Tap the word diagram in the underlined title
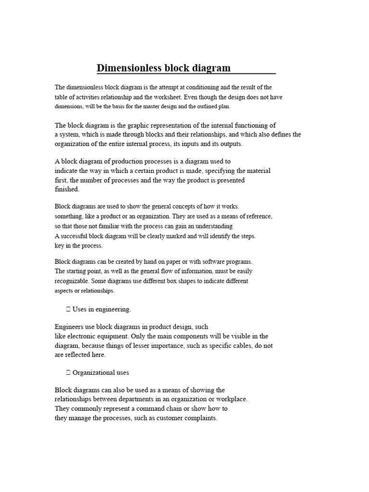coord(211,68)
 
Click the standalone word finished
coord(67,189)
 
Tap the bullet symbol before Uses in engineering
coord(68,309)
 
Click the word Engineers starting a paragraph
coord(70,327)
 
